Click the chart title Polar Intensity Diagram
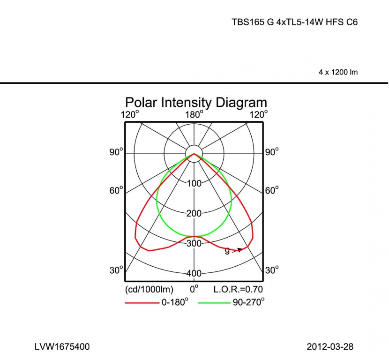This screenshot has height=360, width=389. click(196, 102)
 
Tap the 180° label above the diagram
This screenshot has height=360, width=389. click(194, 115)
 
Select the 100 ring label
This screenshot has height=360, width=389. click(194, 184)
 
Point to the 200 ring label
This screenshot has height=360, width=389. click(194, 213)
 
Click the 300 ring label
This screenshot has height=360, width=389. click(194, 243)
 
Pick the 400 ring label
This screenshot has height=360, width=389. click(194, 273)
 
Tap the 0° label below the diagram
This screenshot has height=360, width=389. click(194, 289)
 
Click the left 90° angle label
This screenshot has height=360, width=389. click(116, 152)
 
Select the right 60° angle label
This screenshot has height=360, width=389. click(272, 190)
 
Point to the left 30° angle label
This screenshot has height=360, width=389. click(116, 270)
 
